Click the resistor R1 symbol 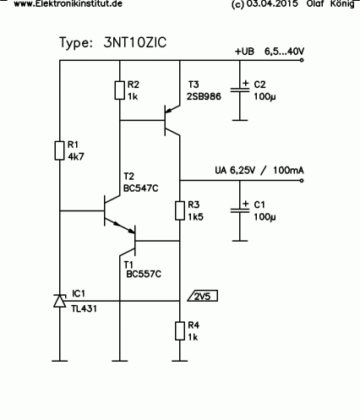(x=59, y=150)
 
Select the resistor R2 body (x=120, y=90)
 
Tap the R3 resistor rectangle (x=180, y=210)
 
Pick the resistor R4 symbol (x=180, y=331)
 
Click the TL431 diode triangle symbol (x=60, y=301)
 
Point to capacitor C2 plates (x=240, y=90)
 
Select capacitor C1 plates (x=240, y=210)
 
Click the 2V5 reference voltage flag (x=203, y=296)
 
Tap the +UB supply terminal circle (x=302, y=60)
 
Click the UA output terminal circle (x=302, y=180)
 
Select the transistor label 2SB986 (x=204, y=96)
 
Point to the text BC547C (x=141, y=188)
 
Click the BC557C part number (x=144, y=274)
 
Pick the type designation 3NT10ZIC (x=135, y=42)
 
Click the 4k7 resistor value (x=76, y=156)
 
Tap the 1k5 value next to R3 (x=195, y=216)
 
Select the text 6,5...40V (x=284, y=52)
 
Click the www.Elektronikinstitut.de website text (x=68, y=3)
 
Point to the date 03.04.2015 (x=272, y=4)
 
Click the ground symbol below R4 (x=180, y=361)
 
